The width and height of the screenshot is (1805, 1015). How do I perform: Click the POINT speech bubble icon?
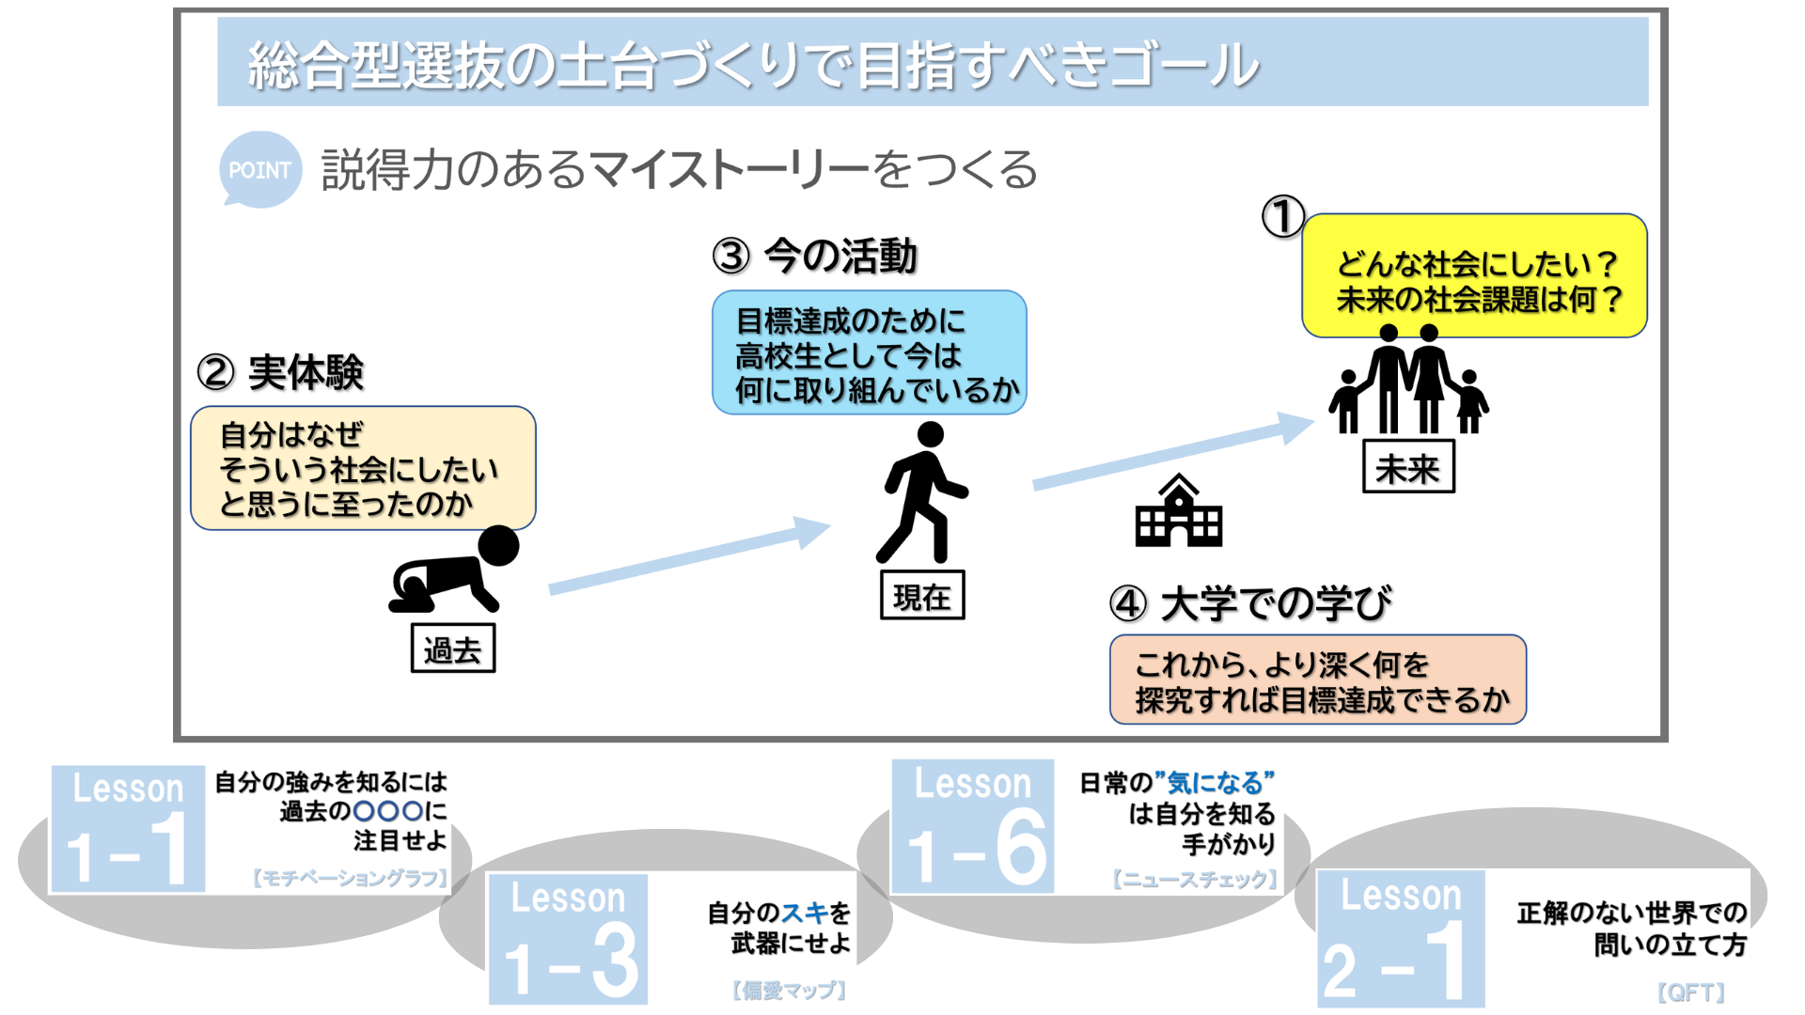click(x=259, y=169)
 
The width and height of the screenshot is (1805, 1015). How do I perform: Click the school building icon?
click(x=1178, y=512)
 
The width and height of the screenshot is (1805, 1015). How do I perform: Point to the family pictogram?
click(x=1408, y=381)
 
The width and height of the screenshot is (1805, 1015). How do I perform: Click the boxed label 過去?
click(x=453, y=649)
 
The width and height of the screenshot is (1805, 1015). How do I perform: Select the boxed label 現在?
click(x=922, y=596)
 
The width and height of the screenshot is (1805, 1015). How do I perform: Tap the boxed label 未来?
click(x=1408, y=467)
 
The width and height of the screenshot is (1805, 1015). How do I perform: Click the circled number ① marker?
click(x=1282, y=217)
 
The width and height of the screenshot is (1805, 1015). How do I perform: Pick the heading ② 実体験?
click(x=280, y=372)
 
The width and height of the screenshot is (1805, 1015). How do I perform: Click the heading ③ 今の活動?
click(x=814, y=256)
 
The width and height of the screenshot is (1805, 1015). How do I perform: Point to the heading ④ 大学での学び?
click(x=1250, y=603)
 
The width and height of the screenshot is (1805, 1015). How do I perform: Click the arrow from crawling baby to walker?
click(x=689, y=556)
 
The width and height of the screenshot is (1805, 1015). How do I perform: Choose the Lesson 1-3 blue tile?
click(x=568, y=939)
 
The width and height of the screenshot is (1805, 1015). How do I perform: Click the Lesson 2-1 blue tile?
click(x=1401, y=939)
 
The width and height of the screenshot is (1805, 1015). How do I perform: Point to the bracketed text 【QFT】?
click(x=1690, y=992)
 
